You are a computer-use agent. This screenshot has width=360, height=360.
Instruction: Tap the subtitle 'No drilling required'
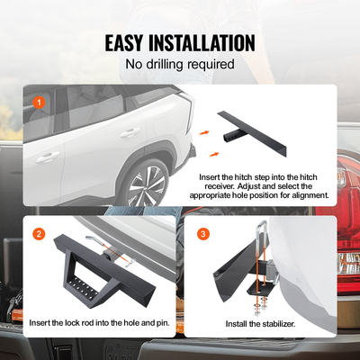[x=179, y=65]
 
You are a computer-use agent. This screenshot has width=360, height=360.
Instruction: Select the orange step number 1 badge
[x=38, y=102]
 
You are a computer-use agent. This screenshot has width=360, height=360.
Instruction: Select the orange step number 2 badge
[x=38, y=233]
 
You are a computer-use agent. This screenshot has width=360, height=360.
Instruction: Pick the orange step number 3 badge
[x=202, y=233]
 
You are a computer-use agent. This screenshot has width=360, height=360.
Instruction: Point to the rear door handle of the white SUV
[x=130, y=133]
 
